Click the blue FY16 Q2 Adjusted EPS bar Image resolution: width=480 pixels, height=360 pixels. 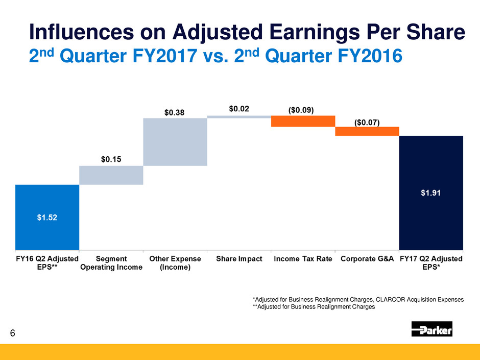(x=47, y=217)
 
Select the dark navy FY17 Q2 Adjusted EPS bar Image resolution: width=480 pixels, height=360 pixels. (x=430, y=193)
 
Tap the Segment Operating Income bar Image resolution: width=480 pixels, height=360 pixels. (x=111, y=175)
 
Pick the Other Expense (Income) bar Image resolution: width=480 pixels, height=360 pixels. (x=175, y=142)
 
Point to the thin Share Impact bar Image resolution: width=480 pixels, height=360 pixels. (x=239, y=116)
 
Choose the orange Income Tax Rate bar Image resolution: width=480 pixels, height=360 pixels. (x=303, y=121)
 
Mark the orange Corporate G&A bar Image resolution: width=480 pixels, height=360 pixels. (x=367, y=131)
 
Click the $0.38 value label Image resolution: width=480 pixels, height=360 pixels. (x=175, y=111)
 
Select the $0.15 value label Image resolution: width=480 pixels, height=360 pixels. (x=111, y=159)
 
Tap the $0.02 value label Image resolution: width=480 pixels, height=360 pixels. (x=239, y=109)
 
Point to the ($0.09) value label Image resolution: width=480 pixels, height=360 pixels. (x=302, y=109)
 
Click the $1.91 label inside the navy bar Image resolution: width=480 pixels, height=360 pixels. (x=430, y=193)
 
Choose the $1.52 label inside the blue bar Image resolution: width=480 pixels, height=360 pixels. (x=47, y=217)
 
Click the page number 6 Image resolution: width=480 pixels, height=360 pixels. (x=13, y=333)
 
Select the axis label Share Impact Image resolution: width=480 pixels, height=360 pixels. (x=239, y=259)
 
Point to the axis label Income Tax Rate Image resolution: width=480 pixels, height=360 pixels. (x=303, y=259)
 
